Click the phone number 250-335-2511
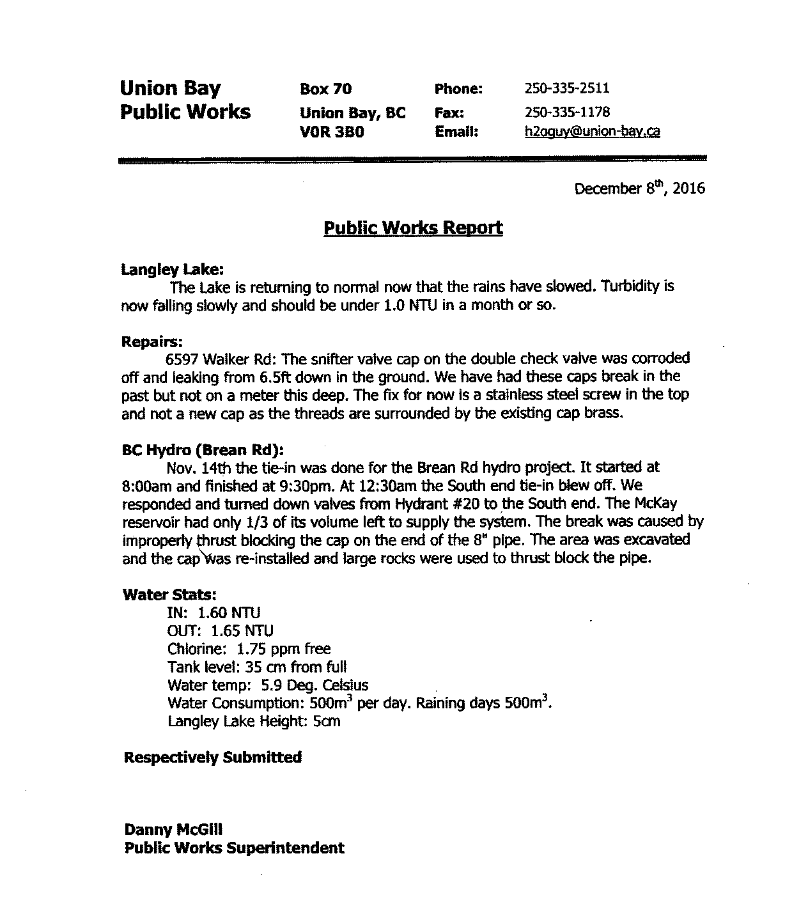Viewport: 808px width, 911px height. click(567, 89)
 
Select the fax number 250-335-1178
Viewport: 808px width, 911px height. click(567, 113)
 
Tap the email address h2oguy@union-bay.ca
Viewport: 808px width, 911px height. click(592, 132)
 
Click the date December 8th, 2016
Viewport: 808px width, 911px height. click(639, 189)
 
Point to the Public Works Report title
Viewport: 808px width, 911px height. click(413, 228)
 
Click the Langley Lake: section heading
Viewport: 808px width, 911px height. click(172, 269)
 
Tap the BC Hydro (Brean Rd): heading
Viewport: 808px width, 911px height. click(203, 449)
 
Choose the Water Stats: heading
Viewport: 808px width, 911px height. click(164, 595)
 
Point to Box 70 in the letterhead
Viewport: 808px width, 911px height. click(325, 90)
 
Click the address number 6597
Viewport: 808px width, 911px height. click(182, 359)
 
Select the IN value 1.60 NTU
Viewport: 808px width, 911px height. click(229, 613)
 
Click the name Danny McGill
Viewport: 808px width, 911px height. click(173, 830)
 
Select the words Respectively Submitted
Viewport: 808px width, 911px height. click(212, 758)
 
